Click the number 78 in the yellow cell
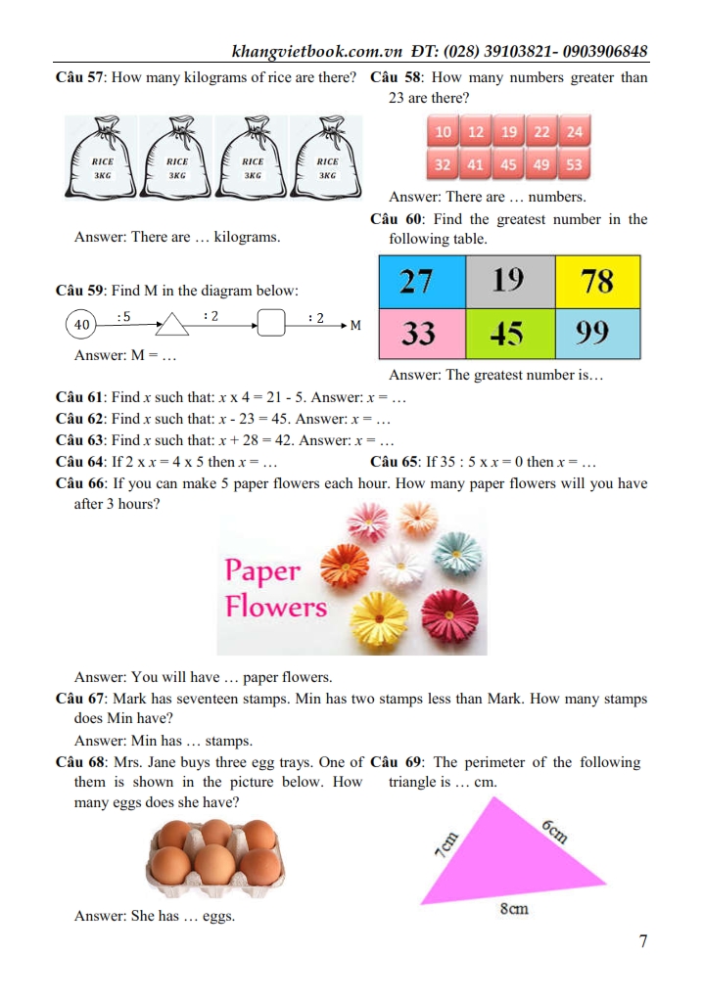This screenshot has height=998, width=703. click(x=597, y=282)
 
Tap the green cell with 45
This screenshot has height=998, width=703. click(x=507, y=334)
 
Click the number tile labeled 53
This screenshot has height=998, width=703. click(x=574, y=165)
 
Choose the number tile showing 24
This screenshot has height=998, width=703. click(x=574, y=132)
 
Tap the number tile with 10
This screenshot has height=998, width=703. click(x=443, y=132)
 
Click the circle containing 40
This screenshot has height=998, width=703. click(x=82, y=324)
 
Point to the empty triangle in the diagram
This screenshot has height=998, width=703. click(x=172, y=323)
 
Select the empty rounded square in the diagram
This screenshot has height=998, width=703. click(x=271, y=322)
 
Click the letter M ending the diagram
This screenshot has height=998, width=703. click(x=355, y=324)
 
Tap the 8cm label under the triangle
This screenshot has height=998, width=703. click(x=514, y=909)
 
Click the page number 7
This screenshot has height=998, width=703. click(x=642, y=942)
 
